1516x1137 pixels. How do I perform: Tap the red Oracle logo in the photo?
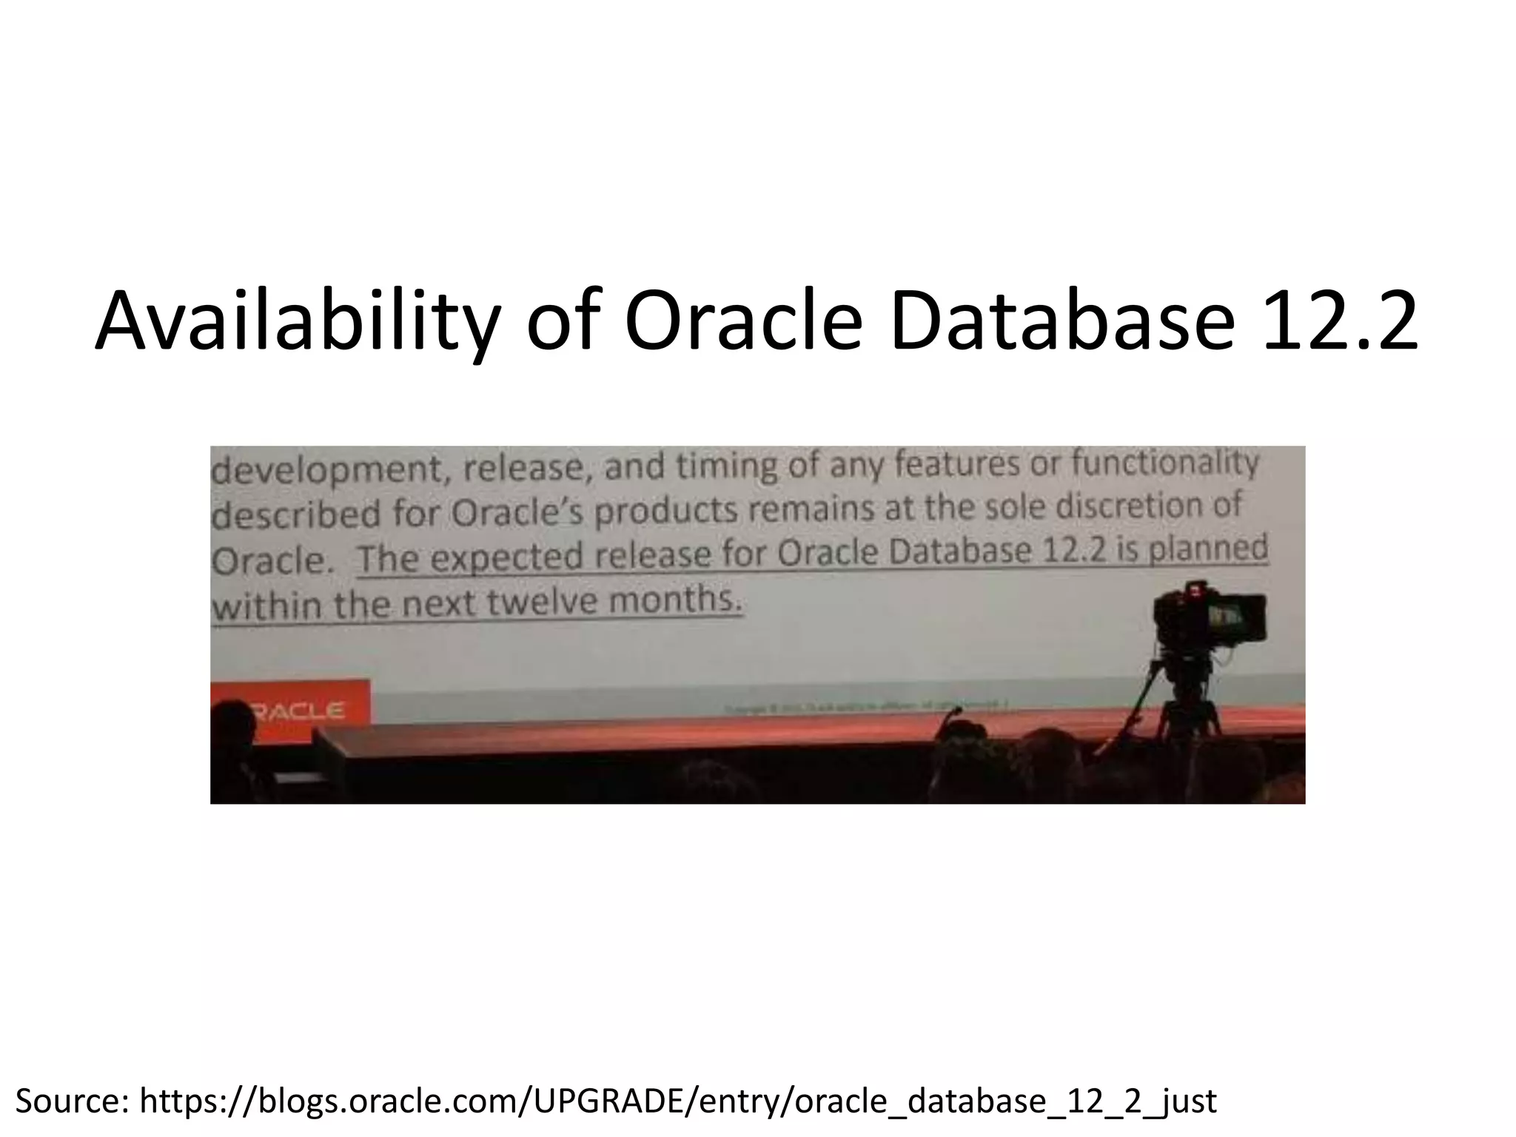(x=296, y=711)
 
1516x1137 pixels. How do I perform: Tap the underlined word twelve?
(x=543, y=603)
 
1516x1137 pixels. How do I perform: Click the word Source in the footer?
(x=71, y=1101)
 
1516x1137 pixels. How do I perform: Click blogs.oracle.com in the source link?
(x=385, y=1101)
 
